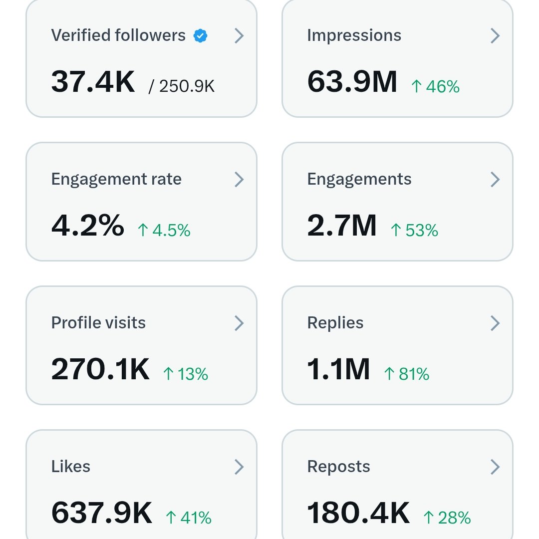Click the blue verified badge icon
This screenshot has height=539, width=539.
pos(201,36)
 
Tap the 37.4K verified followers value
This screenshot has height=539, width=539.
pos(93,82)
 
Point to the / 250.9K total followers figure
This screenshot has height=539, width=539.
pos(182,86)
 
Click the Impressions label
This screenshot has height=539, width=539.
pos(354,35)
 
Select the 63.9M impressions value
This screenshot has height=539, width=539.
pos(352,82)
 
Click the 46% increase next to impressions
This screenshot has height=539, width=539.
pos(435,86)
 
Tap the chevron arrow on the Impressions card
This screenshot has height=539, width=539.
pos(495,35)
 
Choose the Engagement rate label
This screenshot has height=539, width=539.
pos(116,179)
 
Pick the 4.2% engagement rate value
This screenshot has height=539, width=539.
pos(88,226)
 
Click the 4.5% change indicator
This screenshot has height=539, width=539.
pos(164,230)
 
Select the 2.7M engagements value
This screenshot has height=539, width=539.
pos(342,226)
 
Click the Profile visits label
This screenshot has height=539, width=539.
pos(98,323)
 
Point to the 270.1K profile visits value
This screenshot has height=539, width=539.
pos(100,369)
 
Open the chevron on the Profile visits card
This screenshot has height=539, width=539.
pos(239,323)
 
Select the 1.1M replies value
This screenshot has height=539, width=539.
pos(338,369)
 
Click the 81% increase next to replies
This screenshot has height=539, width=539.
pos(406,374)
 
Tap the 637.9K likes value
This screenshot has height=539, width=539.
pos(102,513)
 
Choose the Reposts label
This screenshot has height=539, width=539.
pos(338,467)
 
